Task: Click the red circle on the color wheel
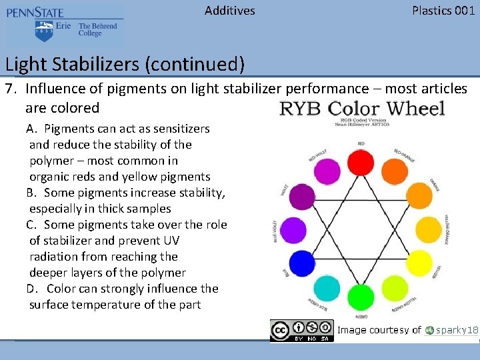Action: tap(361, 162)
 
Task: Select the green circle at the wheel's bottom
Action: tap(361, 297)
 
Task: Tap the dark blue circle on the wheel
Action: tap(302, 263)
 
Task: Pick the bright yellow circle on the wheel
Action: tap(419, 263)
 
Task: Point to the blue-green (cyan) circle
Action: tap(327, 288)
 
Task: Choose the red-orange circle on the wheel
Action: tap(395, 172)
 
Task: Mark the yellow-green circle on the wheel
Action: tap(395, 288)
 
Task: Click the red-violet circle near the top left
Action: tap(327, 172)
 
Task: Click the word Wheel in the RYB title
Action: tap(406, 108)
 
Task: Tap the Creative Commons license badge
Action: tap(301, 331)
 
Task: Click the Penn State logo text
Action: tap(37, 13)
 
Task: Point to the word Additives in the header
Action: tap(229, 10)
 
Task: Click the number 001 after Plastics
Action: tap(465, 10)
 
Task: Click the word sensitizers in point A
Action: tap(179, 129)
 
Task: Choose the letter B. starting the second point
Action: tap(32, 193)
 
